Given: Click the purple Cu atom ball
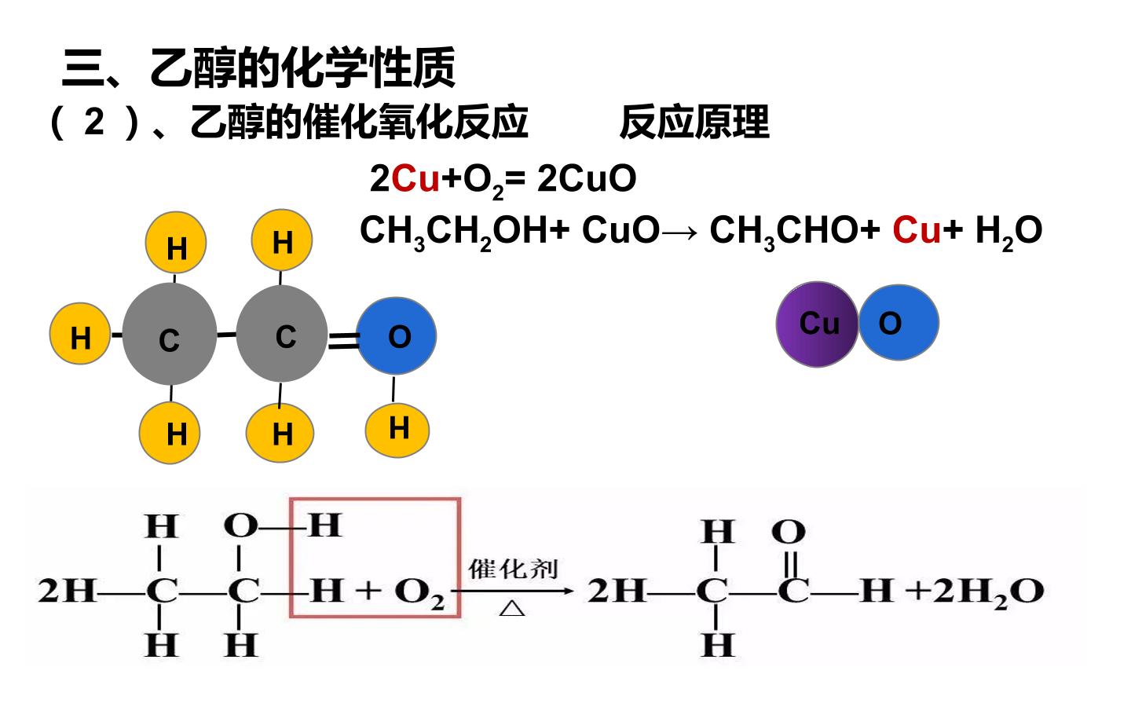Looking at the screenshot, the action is point(817,324).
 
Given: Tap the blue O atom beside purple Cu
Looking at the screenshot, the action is point(899,322).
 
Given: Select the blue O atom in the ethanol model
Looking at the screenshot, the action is point(397,336).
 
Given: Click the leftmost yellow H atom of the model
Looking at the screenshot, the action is point(80,333).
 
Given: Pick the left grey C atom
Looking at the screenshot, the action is point(170,334).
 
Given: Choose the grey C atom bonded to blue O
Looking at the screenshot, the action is point(282,333).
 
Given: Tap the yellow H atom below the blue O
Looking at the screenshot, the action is point(397,430).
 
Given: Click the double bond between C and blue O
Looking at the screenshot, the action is point(343,340).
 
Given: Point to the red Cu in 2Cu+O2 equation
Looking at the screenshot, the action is point(415,179).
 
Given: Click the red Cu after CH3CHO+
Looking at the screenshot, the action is point(917,229).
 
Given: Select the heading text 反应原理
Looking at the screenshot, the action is point(695,123).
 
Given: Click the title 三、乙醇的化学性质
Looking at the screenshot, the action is point(258,68).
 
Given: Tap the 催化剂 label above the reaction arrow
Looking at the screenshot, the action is point(513,569).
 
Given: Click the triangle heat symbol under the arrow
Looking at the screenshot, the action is point(512,608).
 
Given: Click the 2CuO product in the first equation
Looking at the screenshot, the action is point(587,179).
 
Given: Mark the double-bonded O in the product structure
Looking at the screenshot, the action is point(789,532).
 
